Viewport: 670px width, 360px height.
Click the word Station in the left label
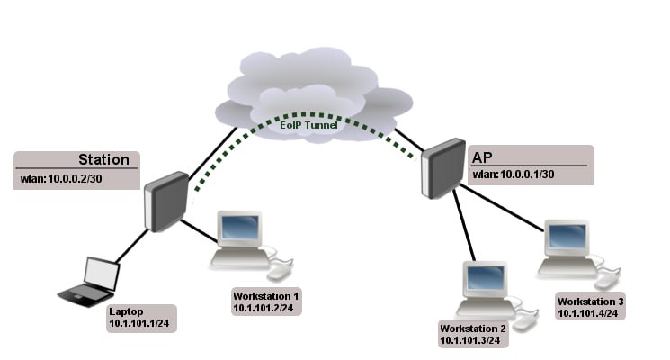pyautogui.click(x=103, y=159)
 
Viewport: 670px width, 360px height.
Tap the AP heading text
pyautogui.click(x=482, y=157)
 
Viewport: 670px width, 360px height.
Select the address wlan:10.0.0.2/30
pyautogui.click(x=61, y=179)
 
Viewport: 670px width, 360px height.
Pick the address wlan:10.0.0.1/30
pyautogui.click(x=514, y=175)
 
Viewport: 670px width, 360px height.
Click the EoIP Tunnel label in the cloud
pyautogui.click(x=308, y=125)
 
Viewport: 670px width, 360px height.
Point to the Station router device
pyautogui.click(x=166, y=202)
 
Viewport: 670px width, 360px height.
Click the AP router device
pyautogui.click(x=443, y=168)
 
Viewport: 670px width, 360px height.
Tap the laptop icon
pyautogui.click(x=89, y=282)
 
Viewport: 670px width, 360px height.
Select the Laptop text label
pyautogui.click(x=126, y=311)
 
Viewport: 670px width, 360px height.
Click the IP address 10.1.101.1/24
pyautogui.click(x=139, y=323)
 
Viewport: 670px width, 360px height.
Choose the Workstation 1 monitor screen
pyautogui.click(x=240, y=228)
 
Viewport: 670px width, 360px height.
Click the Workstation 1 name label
pyautogui.click(x=266, y=296)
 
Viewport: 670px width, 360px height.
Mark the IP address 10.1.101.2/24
pyautogui.click(x=264, y=308)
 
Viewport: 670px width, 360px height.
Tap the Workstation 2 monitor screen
pyautogui.click(x=486, y=278)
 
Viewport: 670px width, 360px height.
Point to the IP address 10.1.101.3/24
pyautogui.click(x=470, y=340)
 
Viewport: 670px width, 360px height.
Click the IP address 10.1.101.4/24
pyautogui.click(x=588, y=313)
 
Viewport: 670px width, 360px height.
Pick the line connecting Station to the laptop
pyautogui.click(x=132, y=247)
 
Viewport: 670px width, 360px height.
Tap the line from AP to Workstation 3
pyautogui.click(x=501, y=208)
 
